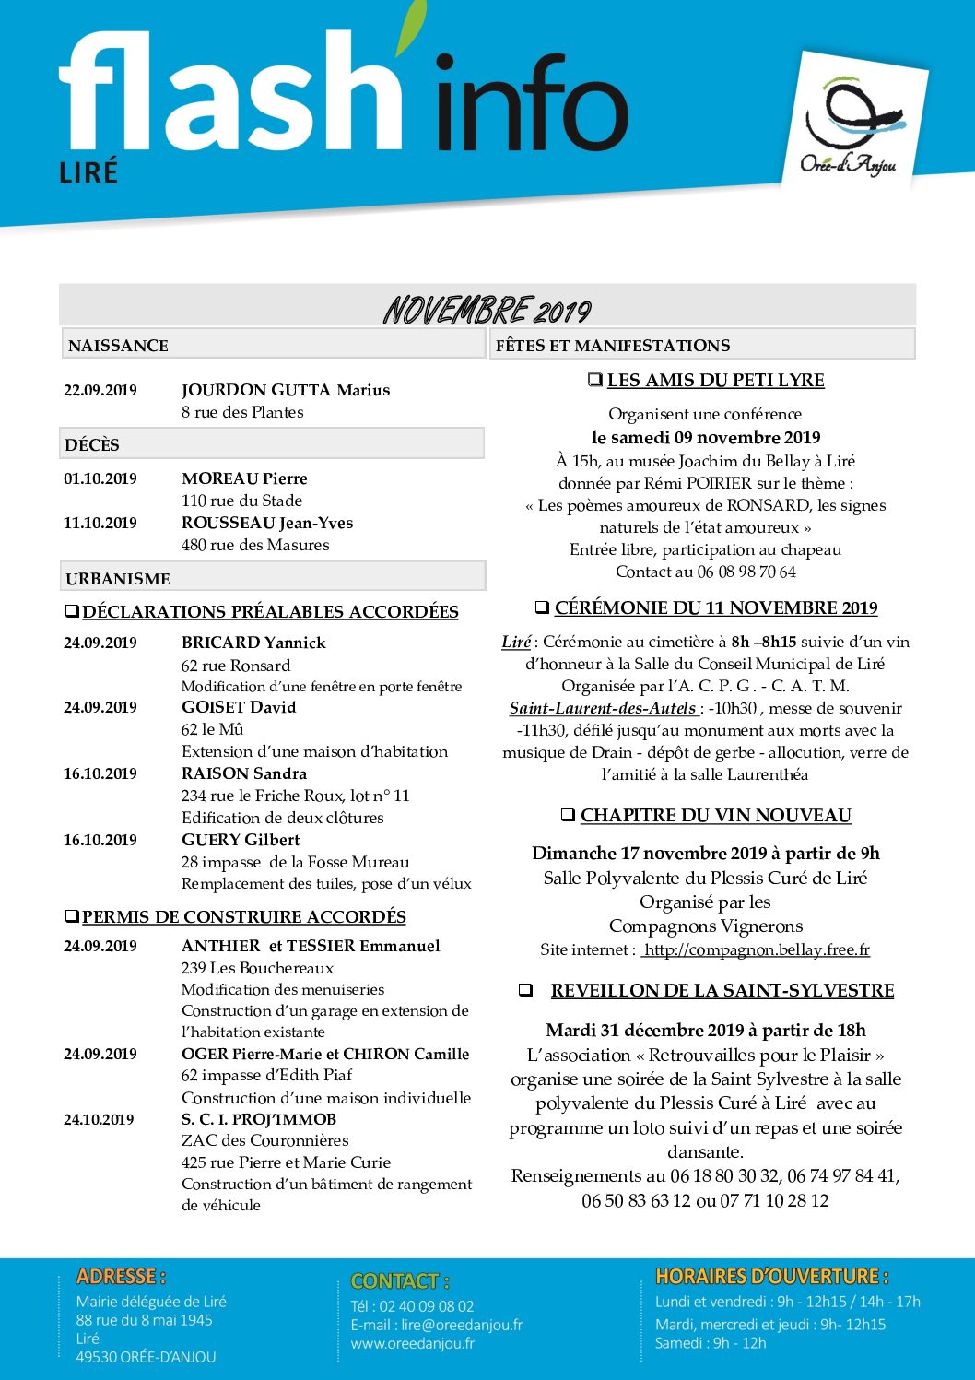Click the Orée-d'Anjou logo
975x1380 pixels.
tap(850, 124)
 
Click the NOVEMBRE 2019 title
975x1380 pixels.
tap(487, 311)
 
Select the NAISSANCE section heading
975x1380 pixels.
tap(118, 346)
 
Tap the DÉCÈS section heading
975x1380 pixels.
tap(92, 445)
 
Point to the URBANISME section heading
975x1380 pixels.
tap(118, 579)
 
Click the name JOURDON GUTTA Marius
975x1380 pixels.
tap(286, 390)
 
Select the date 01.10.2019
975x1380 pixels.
tap(100, 478)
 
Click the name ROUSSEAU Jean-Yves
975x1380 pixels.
tap(267, 523)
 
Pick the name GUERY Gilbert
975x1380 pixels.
tap(241, 840)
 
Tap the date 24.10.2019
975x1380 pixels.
tap(100, 1119)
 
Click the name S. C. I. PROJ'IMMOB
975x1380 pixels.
tap(259, 1119)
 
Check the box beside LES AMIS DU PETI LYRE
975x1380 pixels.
tap(595, 380)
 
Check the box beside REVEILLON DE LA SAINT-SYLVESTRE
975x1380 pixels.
tap(525, 990)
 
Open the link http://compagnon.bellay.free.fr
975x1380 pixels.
tap(756, 949)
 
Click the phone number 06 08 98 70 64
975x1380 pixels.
tap(746, 572)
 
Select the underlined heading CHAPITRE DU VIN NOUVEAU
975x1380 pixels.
tap(716, 815)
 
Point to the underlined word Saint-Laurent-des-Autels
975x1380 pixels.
tap(603, 708)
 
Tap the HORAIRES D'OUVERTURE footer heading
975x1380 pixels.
tap(771, 1277)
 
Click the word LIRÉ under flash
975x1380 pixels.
tap(88, 172)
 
